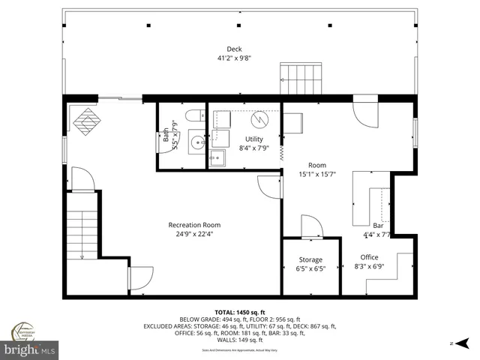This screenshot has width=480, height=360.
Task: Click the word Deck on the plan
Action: click(235, 49)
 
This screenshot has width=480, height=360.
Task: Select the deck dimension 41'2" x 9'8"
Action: click(235, 58)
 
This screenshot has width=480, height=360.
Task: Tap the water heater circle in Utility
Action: click(259, 118)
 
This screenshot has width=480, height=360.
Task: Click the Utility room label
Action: click(254, 139)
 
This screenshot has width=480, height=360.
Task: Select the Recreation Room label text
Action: click(194, 225)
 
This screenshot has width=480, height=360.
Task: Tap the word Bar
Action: click(378, 226)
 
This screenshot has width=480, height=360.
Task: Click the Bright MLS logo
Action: click(30, 349)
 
